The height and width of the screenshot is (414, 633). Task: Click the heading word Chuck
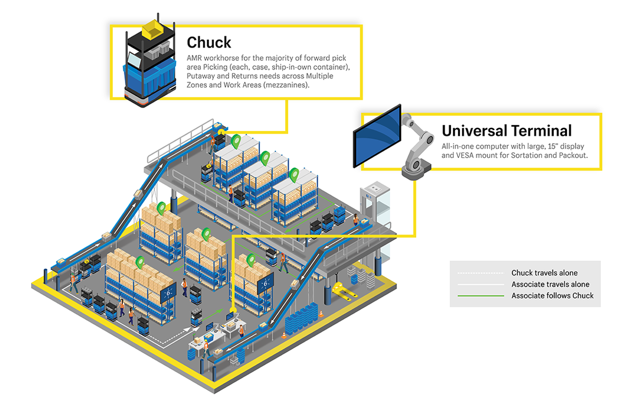[x=209, y=42]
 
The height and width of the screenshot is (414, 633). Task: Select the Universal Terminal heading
[x=506, y=130]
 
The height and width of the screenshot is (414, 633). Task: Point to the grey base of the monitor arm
[x=416, y=170]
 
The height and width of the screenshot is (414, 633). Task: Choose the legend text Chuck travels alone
[x=544, y=273]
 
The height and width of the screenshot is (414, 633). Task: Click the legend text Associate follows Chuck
[x=552, y=296]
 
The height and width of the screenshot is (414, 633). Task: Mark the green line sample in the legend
[x=480, y=296]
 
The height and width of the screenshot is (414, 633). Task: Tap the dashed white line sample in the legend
[x=480, y=273]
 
